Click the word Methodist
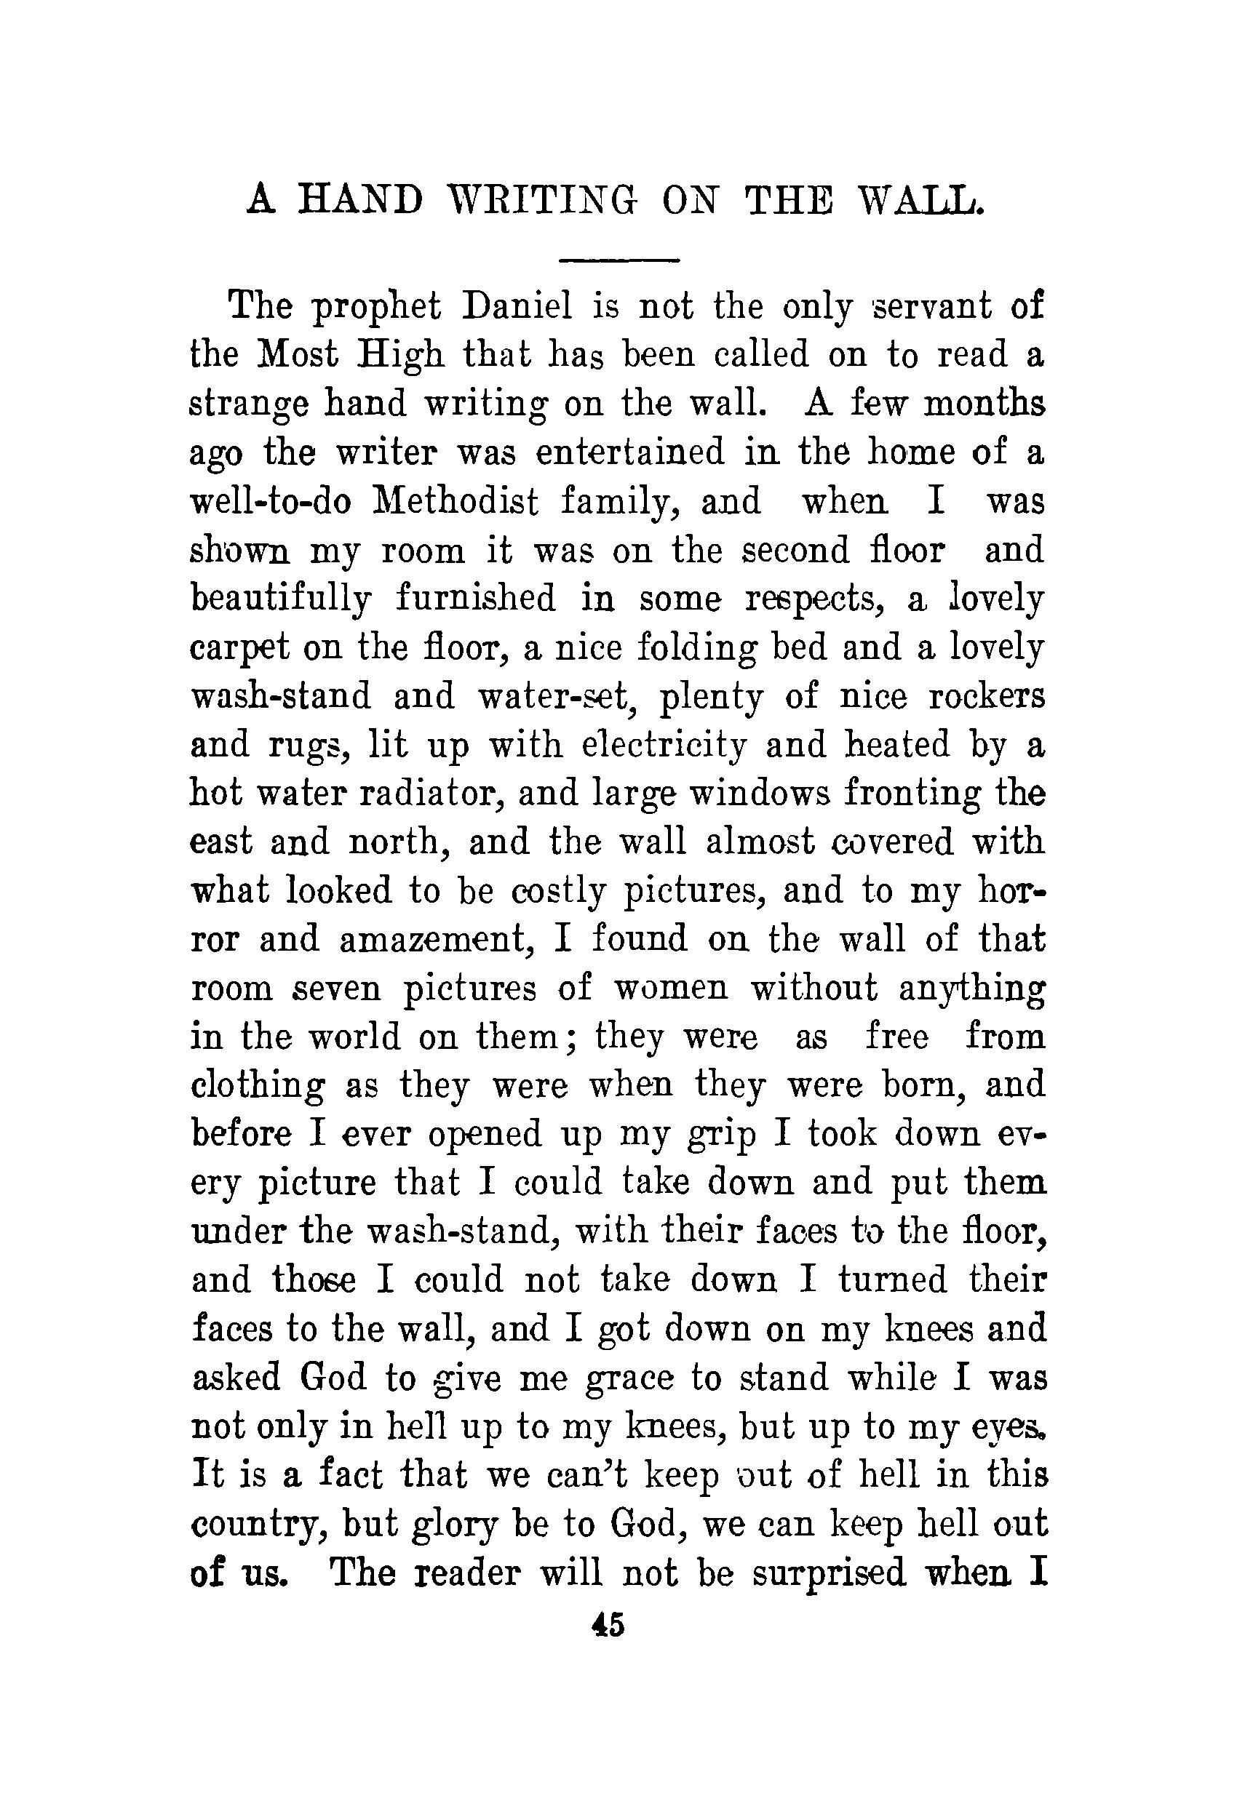coord(457,501)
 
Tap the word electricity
coord(664,744)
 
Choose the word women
coord(671,989)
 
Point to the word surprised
coord(828,1574)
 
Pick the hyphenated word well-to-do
coord(272,501)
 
